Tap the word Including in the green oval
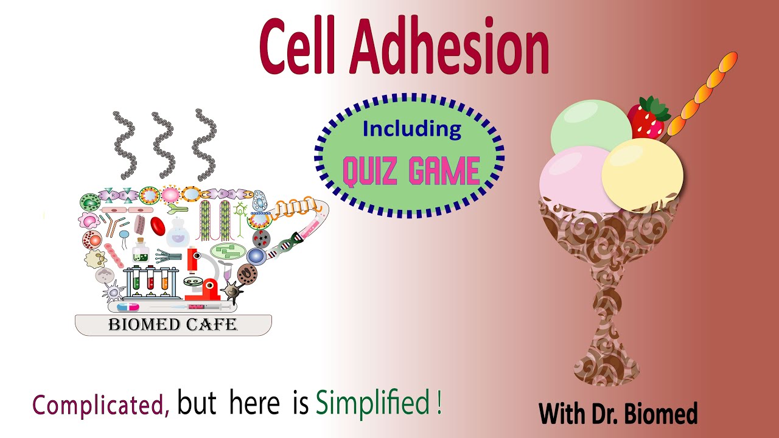pos(411,129)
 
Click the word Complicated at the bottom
pos(100,405)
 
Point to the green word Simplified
pos(373,403)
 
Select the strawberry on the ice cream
pos(647,119)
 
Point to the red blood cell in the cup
pos(158,226)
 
